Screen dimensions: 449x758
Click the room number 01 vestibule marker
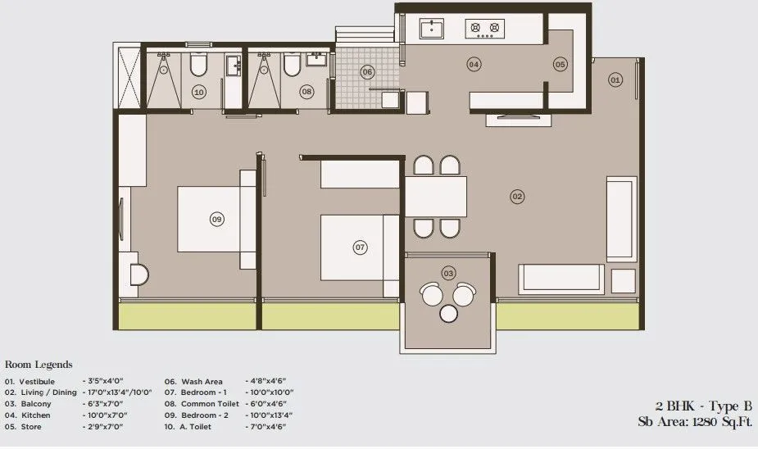click(615, 79)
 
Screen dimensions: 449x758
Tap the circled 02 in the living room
click(517, 196)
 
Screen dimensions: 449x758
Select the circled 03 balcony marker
click(448, 272)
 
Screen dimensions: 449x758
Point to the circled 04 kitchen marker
click(474, 64)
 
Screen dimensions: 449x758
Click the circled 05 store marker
click(561, 64)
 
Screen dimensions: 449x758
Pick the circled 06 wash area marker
click(367, 72)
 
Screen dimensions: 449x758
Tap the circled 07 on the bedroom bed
click(359, 247)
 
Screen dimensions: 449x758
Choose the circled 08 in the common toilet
click(306, 92)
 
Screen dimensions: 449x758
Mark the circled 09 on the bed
click(216, 219)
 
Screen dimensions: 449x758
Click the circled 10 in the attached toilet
click(198, 92)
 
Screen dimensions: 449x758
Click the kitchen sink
click(432, 29)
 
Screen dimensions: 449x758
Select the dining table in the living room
click(435, 197)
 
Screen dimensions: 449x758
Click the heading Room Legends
click(39, 365)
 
